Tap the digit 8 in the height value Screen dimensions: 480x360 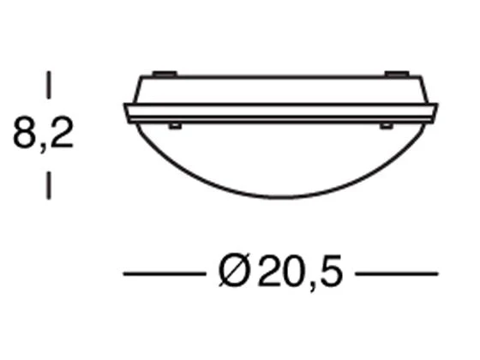click(x=24, y=132)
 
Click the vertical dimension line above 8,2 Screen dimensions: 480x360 click(x=48, y=85)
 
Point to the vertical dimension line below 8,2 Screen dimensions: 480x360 click(x=48, y=185)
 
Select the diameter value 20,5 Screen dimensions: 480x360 click(x=300, y=272)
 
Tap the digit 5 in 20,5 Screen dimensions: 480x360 click(x=331, y=271)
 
